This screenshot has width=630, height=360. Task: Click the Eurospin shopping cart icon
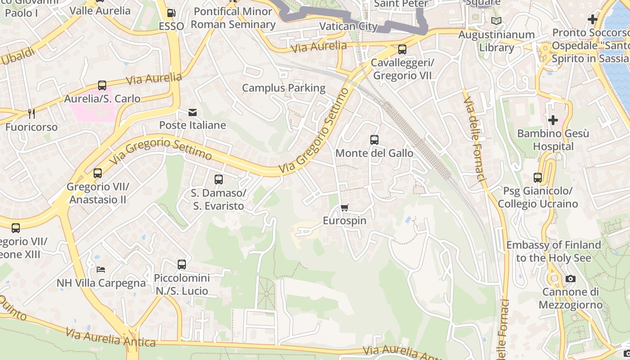coord(345,207)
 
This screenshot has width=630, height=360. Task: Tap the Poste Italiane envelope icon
coord(193,112)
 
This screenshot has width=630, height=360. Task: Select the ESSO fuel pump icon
coord(171,13)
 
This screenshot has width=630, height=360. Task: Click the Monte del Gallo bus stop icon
coord(374,140)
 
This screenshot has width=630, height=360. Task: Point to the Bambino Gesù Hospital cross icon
coord(553,120)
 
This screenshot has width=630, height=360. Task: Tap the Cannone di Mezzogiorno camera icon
coord(571,279)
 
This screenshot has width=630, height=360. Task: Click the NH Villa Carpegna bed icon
coord(101,270)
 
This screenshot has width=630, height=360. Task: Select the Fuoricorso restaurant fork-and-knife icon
coord(31,113)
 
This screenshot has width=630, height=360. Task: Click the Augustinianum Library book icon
coord(496,21)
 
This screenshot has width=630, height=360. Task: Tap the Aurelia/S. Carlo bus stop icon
coord(102,85)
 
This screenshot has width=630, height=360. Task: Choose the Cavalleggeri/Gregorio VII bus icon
coord(402,49)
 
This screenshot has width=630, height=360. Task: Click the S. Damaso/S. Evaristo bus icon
coord(219,180)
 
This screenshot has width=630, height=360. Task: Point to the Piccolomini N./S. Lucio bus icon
coord(182,265)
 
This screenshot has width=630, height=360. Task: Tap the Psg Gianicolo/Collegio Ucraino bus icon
coord(538,178)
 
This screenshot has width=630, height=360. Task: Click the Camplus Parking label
coord(283,88)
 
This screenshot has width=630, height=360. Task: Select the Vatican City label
coord(348,26)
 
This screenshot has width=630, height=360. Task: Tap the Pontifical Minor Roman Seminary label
coord(233,18)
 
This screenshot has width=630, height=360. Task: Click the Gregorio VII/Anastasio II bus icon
coord(98,173)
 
